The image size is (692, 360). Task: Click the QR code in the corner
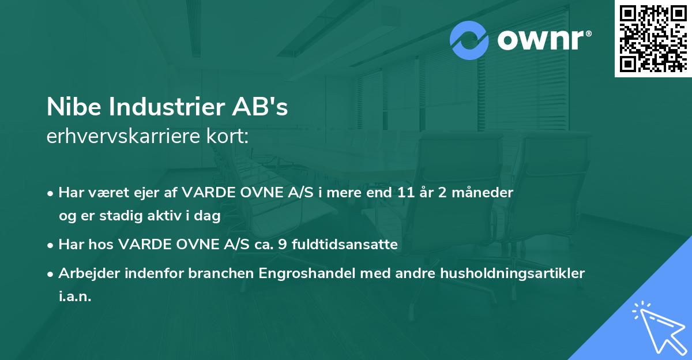[x=652, y=38]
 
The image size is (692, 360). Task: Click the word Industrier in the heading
[x=157, y=108]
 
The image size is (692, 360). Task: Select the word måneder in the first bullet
[x=485, y=193]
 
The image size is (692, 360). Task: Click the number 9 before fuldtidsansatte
[x=281, y=245]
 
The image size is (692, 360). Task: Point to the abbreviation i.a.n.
[x=75, y=297]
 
